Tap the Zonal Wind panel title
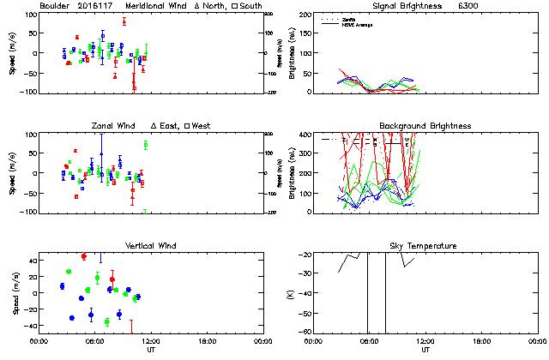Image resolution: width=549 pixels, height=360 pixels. [113, 126]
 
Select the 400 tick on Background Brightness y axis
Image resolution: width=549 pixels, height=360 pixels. [307, 134]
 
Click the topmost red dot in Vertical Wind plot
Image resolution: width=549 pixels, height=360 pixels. [83, 256]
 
